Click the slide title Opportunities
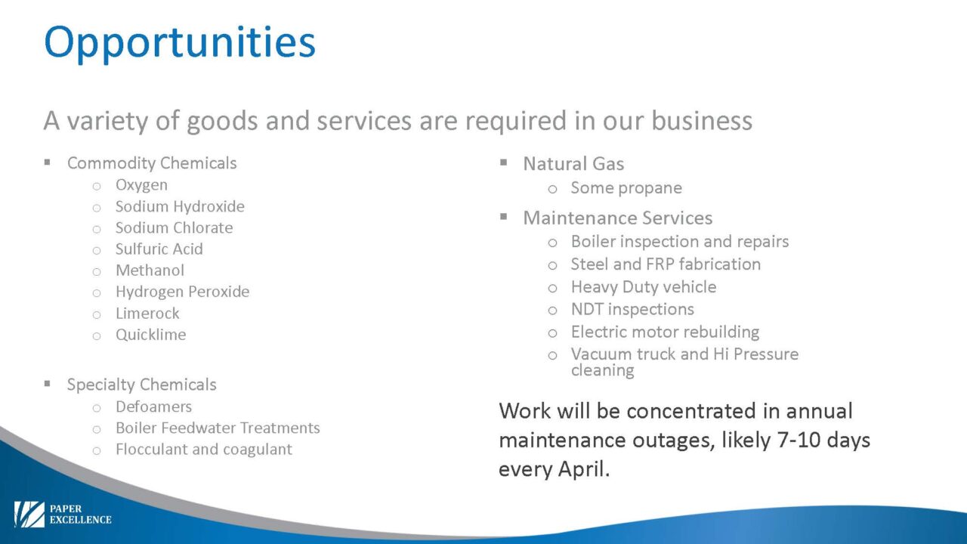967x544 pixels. (x=180, y=43)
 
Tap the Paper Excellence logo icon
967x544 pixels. (x=29, y=515)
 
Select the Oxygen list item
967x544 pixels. (x=141, y=185)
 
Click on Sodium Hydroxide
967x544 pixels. (x=180, y=206)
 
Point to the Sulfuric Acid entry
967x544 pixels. (x=159, y=249)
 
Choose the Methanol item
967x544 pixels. (x=150, y=270)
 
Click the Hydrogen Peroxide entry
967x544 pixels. (x=182, y=292)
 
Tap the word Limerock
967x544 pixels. (x=147, y=313)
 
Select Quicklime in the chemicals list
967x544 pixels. (x=150, y=335)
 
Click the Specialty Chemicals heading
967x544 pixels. (x=141, y=385)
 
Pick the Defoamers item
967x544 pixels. (x=153, y=406)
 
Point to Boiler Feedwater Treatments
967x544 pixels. (x=218, y=428)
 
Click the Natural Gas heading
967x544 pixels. (x=573, y=164)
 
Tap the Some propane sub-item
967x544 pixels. (x=626, y=188)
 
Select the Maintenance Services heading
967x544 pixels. (x=617, y=218)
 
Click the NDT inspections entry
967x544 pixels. (x=632, y=310)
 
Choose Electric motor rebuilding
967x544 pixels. (x=665, y=332)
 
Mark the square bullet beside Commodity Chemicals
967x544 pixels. (x=47, y=162)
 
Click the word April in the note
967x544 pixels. (x=583, y=469)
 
